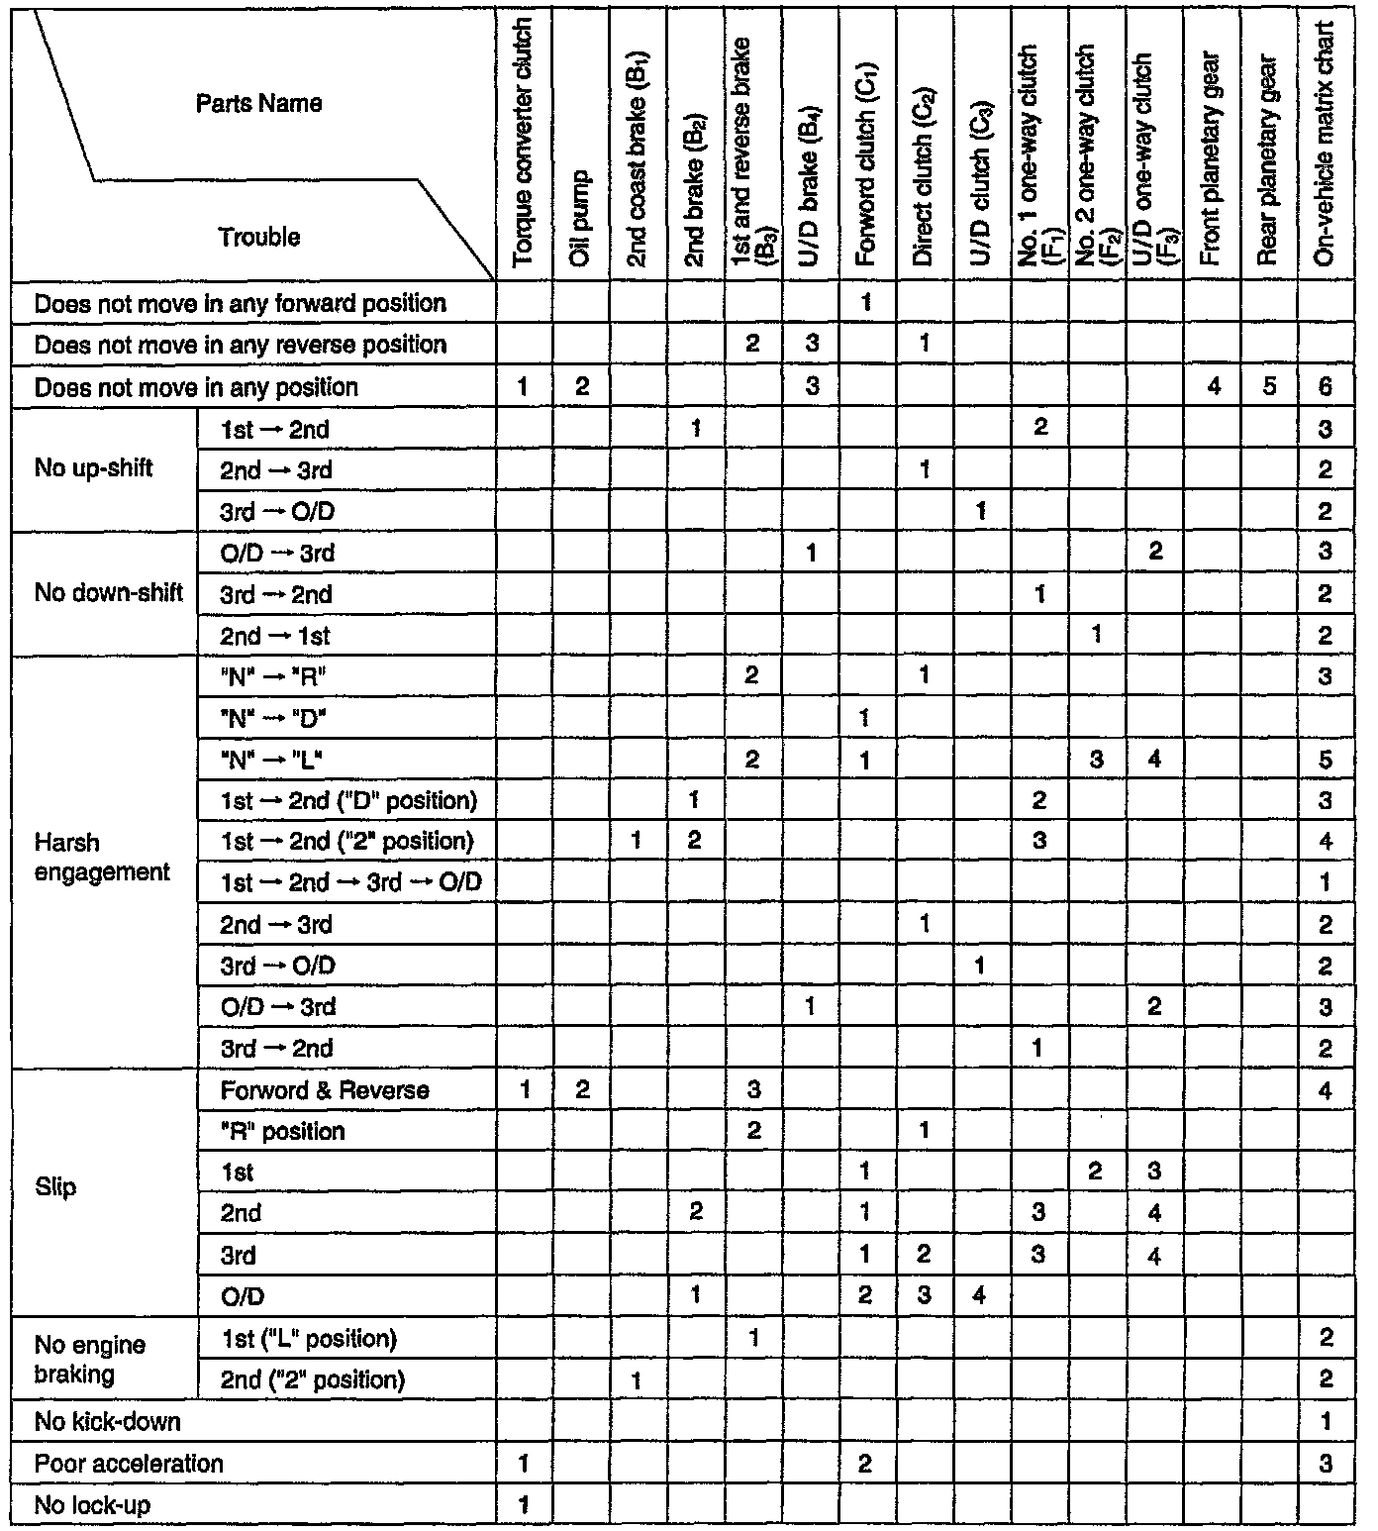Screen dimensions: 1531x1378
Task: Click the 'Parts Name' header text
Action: (258, 104)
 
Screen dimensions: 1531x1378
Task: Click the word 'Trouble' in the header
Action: (259, 238)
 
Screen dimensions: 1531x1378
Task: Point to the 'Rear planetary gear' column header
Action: (1269, 158)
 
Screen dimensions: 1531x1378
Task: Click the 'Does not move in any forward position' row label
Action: (240, 304)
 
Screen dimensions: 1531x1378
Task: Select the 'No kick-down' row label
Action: (107, 1422)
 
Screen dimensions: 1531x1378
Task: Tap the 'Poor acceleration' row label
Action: (129, 1464)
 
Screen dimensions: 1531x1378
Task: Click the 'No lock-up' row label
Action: (92, 1505)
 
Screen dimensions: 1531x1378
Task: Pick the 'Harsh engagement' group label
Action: (102, 858)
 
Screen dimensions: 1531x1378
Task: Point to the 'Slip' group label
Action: (55, 1187)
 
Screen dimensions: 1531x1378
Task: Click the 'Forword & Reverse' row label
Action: (325, 1090)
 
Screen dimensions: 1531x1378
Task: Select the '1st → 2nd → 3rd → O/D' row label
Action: (350, 882)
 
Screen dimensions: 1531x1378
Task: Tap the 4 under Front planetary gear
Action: (1214, 387)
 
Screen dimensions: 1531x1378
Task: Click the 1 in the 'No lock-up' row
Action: (524, 1505)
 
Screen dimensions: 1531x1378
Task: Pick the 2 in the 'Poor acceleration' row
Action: (864, 1464)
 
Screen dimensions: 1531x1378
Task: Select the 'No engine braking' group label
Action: (90, 1360)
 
